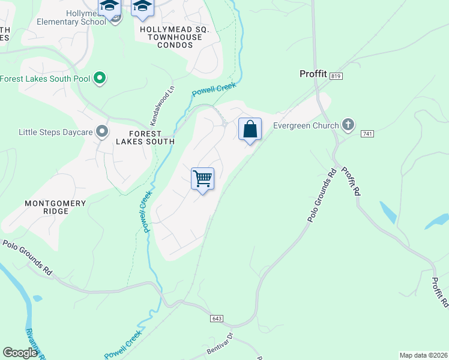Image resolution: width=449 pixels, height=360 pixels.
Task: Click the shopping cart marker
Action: tap(203, 179)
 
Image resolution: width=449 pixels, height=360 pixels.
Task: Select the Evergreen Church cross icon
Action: tap(348, 125)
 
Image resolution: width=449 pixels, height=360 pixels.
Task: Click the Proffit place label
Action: tap(313, 74)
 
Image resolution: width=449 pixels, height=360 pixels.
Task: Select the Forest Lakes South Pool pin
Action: tap(100, 78)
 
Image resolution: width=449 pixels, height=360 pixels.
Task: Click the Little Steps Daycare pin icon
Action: tap(103, 131)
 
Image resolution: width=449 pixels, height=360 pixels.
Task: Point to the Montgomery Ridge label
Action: tap(55, 208)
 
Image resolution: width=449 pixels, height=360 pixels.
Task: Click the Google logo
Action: tap(20, 353)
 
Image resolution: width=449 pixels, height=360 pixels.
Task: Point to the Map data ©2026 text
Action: tap(423, 355)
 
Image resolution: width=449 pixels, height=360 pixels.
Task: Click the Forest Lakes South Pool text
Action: tap(46, 79)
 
